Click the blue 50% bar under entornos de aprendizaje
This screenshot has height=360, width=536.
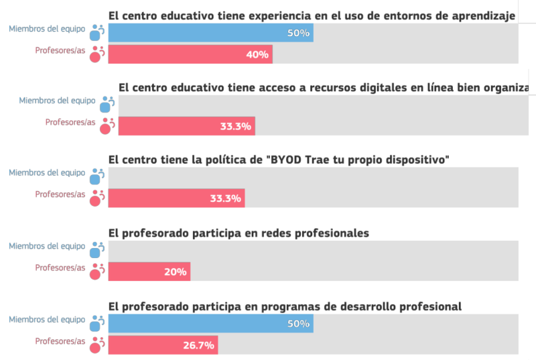click(210, 33)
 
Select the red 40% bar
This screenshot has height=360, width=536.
click(190, 54)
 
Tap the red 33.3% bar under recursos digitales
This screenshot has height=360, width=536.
click(186, 125)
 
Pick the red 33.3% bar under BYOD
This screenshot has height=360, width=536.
click(176, 198)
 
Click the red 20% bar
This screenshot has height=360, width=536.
click(149, 271)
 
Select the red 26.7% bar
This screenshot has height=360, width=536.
click(163, 345)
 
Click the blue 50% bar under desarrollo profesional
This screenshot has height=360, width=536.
click(210, 324)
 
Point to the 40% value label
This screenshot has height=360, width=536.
click(257, 54)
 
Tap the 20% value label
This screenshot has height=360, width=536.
click(176, 271)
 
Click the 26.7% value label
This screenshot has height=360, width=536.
click(198, 345)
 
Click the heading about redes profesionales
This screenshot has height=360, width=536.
click(239, 233)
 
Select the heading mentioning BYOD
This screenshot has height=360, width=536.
click(278, 160)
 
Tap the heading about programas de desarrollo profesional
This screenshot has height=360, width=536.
click(285, 306)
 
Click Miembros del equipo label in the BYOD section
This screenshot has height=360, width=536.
click(46, 172)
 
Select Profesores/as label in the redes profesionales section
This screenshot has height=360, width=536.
click(60, 267)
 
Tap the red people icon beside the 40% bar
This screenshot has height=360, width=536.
click(97, 54)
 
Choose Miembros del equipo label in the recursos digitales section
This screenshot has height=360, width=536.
click(57, 101)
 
